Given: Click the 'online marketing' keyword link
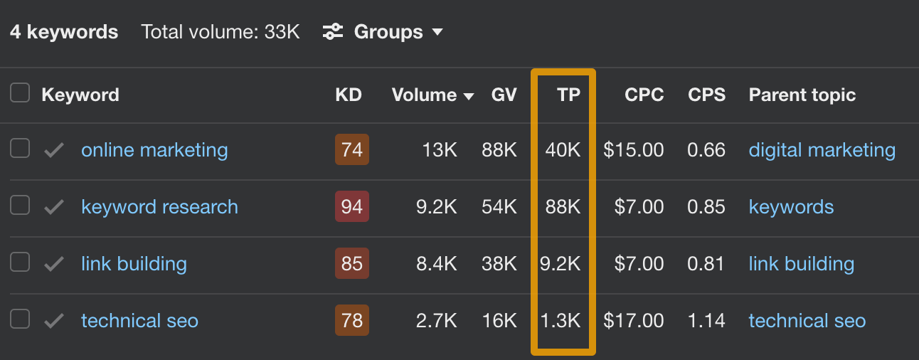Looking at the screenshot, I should click(154, 150).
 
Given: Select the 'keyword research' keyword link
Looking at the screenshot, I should click(159, 207).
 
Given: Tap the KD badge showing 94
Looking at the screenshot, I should click(352, 207).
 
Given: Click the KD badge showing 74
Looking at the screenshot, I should click(352, 150).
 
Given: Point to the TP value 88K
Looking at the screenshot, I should click(563, 207).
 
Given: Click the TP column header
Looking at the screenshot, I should click(568, 95).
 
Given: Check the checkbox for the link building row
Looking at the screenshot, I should click(20, 263).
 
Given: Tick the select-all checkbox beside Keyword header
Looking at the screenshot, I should click(20, 93).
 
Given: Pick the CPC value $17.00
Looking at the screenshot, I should click(633, 321).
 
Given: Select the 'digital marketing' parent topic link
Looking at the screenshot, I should click(822, 150).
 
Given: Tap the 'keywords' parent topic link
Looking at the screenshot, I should click(791, 207).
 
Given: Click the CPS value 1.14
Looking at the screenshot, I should click(706, 321).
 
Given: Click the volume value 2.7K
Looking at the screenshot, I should click(436, 321).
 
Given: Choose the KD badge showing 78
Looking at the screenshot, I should click(352, 321).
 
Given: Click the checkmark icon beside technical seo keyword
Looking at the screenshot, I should click(54, 321).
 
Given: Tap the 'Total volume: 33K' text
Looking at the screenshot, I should click(221, 32).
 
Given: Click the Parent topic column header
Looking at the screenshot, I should click(802, 95).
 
